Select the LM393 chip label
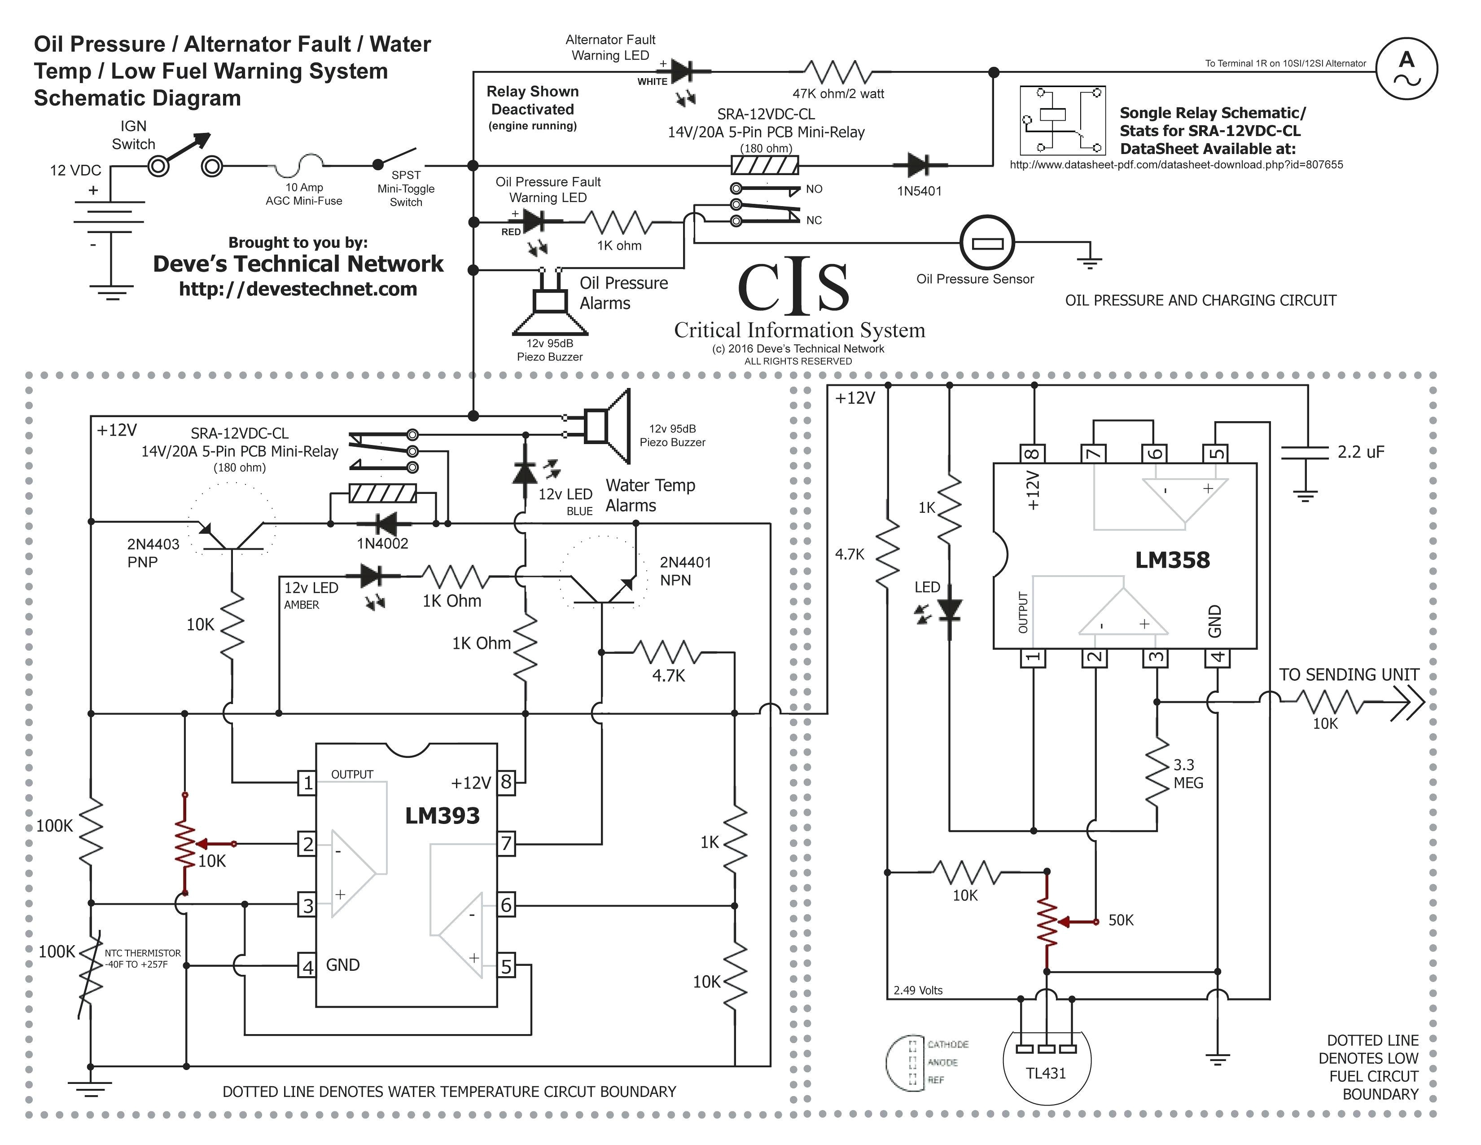[x=442, y=815]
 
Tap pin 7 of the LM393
[x=506, y=844]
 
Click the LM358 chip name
[x=1172, y=560]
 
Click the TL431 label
[x=1046, y=1073]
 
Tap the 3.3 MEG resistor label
[x=1188, y=774]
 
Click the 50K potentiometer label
[x=1120, y=920]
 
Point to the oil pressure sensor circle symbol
[x=986, y=242]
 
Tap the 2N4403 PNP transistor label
[x=153, y=553]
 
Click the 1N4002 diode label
[x=382, y=543]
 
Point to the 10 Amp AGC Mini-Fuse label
[x=304, y=194]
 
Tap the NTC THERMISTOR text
[x=142, y=953]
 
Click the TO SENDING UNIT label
[x=1349, y=675]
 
